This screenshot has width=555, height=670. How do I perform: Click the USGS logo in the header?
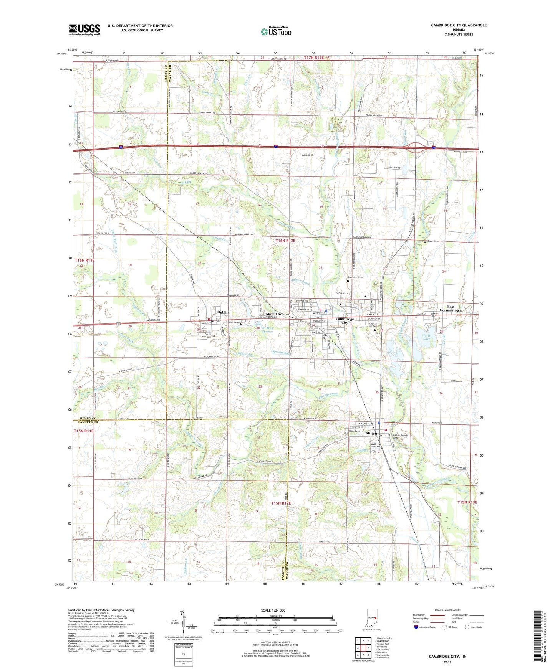tap(84, 30)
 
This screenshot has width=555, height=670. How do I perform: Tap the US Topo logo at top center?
tap(275, 32)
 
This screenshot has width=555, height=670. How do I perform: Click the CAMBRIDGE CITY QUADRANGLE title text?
tap(459, 25)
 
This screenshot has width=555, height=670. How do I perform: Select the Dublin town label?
tap(223, 312)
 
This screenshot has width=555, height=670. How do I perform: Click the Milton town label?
tap(371, 433)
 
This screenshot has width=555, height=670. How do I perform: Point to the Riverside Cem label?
tap(355, 277)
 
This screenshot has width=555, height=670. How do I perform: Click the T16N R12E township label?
tap(285, 241)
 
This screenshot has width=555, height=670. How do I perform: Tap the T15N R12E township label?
tap(281, 503)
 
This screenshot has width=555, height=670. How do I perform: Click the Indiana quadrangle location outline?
tap(371, 617)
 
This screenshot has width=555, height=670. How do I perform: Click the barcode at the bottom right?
tap(538, 637)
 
